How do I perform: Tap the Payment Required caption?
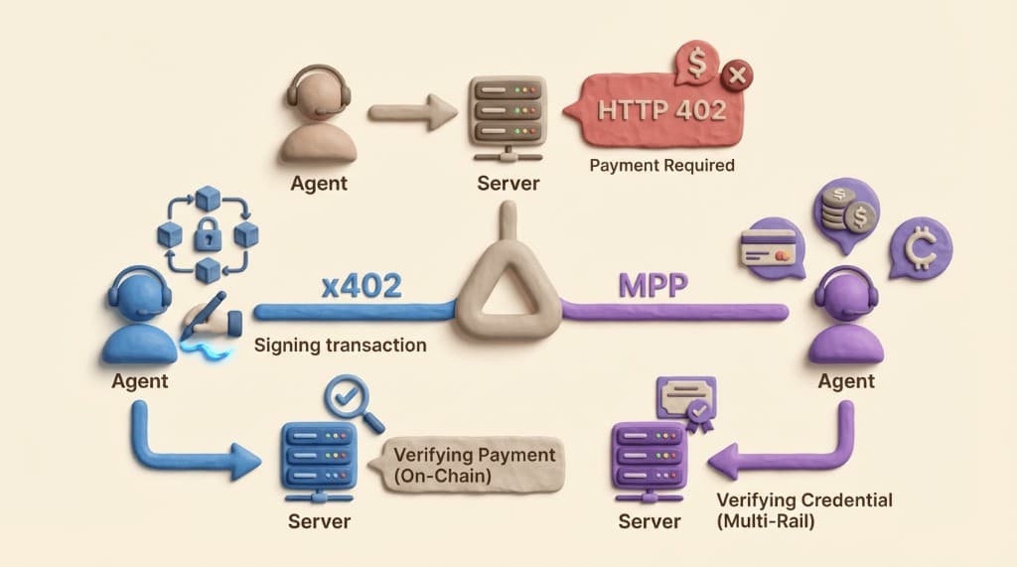point(661,165)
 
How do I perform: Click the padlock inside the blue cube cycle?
point(208,235)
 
